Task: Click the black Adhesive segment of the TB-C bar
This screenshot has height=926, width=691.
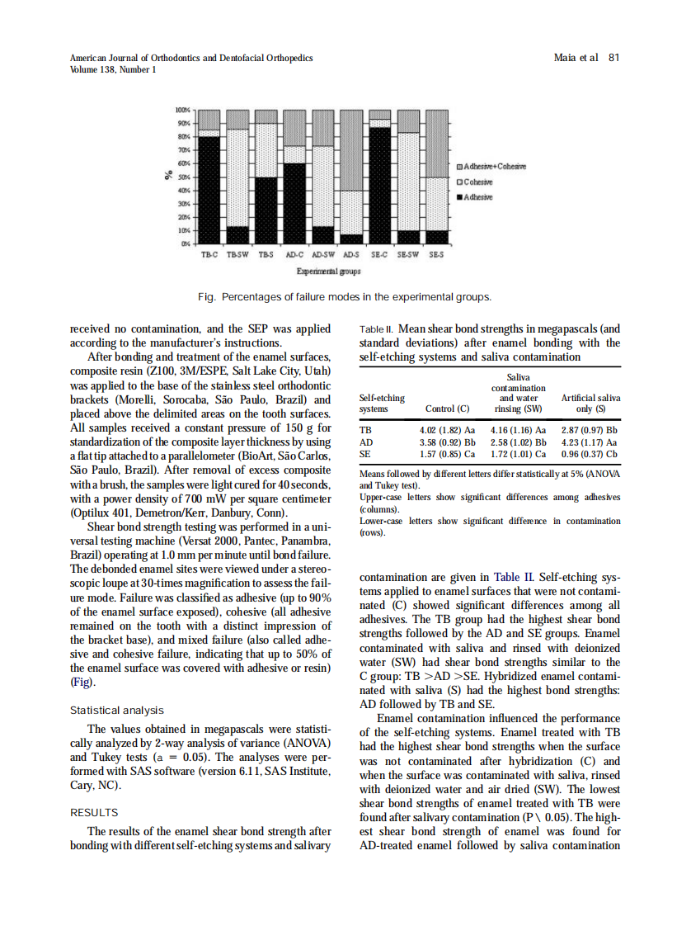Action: tap(210, 190)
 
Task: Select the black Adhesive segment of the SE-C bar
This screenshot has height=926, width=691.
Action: tap(379, 186)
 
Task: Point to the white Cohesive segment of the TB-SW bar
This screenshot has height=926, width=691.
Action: tap(238, 177)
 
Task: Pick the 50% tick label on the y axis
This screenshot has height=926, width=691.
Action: tap(185, 177)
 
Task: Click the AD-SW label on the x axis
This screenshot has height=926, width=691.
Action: tap(323, 255)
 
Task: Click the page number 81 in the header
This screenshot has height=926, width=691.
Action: tap(613, 58)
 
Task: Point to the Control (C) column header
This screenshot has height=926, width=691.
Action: tap(447, 408)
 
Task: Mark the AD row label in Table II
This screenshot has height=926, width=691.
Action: tap(367, 442)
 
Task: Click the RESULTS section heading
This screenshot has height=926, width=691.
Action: tap(94, 812)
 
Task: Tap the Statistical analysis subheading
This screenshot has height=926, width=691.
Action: tap(117, 710)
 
